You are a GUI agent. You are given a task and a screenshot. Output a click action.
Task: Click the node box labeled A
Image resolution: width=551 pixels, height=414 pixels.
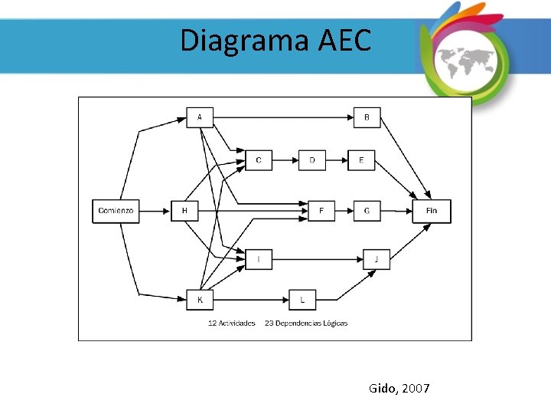[x=200, y=117]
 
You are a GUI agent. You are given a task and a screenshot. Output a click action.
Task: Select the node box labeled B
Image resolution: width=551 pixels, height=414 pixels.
[x=367, y=117]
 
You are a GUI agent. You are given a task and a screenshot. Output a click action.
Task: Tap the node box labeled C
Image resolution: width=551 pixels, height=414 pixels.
[x=259, y=160]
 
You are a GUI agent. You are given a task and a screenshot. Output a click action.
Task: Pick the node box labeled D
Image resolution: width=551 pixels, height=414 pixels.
[x=311, y=160]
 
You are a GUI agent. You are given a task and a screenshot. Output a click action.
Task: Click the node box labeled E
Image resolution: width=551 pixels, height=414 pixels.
[x=361, y=160]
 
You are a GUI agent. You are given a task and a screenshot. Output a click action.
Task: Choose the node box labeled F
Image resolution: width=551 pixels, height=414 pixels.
[x=321, y=210]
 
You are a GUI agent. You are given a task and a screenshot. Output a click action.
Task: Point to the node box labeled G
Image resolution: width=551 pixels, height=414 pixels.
[x=367, y=210]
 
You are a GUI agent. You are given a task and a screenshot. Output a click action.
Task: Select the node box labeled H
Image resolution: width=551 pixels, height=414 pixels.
[x=184, y=210]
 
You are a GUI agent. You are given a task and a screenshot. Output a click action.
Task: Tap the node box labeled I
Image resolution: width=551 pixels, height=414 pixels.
[x=259, y=260]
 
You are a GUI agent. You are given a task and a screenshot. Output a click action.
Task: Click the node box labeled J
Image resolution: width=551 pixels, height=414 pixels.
[x=376, y=260]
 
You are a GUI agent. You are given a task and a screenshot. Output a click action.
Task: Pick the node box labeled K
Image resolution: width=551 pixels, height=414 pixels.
[x=200, y=300]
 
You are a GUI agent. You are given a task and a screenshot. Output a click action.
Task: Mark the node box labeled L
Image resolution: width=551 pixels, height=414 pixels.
[x=302, y=300]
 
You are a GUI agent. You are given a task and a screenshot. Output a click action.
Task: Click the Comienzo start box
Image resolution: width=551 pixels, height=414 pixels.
[x=116, y=210]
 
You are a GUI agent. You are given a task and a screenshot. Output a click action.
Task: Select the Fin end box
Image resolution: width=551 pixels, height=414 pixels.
[x=432, y=210]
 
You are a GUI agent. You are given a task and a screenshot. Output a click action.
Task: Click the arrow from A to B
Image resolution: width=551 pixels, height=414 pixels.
[x=283, y=117]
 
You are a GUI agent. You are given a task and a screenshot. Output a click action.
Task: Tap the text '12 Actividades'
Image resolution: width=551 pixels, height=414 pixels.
[x=232, y=324]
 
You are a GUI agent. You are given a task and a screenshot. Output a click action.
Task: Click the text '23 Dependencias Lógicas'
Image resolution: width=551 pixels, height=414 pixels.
[x=306, y=324]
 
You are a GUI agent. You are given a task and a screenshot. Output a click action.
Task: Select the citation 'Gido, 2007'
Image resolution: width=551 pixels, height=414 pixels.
[x=399, y=389]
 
